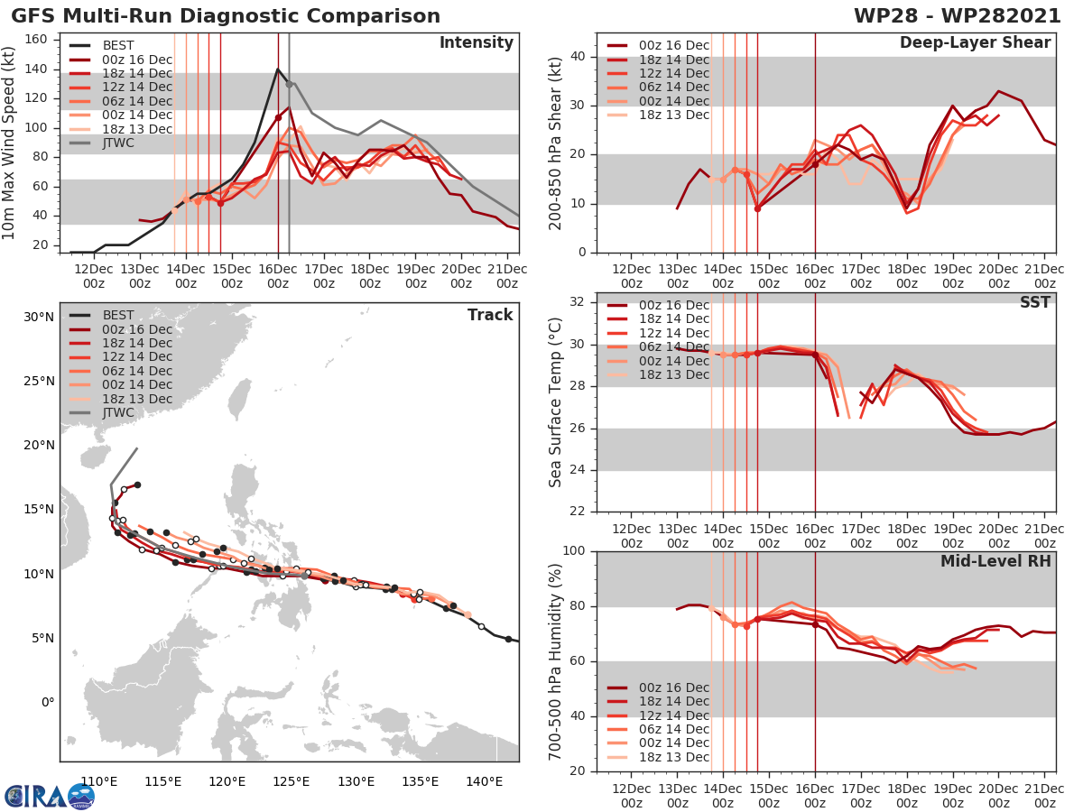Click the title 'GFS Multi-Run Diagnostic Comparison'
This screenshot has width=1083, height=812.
(226, 16)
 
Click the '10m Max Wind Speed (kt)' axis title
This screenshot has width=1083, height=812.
(11, 141)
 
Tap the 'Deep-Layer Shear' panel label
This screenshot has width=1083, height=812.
(975, 43)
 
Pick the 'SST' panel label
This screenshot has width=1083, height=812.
(1035, 302)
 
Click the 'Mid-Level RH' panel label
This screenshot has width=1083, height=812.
(995, 561)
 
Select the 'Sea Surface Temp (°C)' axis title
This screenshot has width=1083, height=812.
(556, 401)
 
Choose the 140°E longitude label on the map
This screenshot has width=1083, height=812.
(485, 780)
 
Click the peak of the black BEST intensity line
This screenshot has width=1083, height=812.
(278, 69)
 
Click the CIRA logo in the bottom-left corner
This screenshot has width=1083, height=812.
(50, 796)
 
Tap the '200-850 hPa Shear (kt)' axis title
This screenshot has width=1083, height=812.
(556, 143)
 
